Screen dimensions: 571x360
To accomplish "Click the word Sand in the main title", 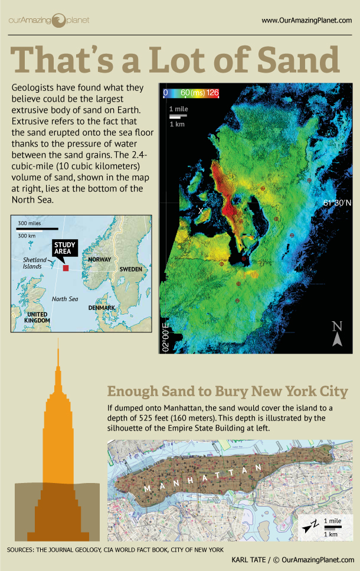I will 298,60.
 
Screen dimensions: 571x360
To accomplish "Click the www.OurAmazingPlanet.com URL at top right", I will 306,21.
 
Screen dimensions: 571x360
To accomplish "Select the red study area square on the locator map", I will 66,269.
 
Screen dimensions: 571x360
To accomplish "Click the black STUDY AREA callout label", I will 63,248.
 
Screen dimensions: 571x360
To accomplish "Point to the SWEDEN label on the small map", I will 132,269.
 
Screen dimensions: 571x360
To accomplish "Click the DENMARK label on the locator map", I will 101,308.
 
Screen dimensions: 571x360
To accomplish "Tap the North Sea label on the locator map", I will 64,299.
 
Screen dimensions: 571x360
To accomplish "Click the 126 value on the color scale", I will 213,93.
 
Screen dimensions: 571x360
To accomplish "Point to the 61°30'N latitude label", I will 337,203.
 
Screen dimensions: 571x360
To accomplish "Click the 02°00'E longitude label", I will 165,337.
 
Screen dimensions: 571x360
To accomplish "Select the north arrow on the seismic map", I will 337,333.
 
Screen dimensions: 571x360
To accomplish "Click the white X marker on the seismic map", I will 201,211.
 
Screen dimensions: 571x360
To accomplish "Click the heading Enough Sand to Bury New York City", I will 227,391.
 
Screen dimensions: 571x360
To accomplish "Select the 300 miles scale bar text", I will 30,224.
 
